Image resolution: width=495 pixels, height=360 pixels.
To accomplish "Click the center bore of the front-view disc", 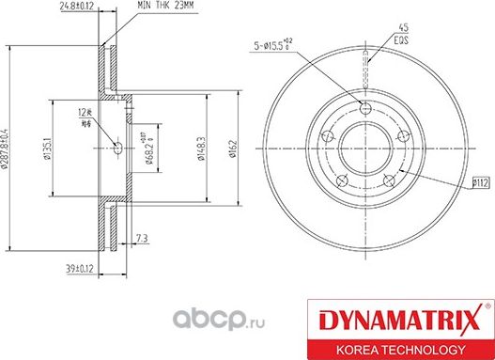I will tap(364, 149).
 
